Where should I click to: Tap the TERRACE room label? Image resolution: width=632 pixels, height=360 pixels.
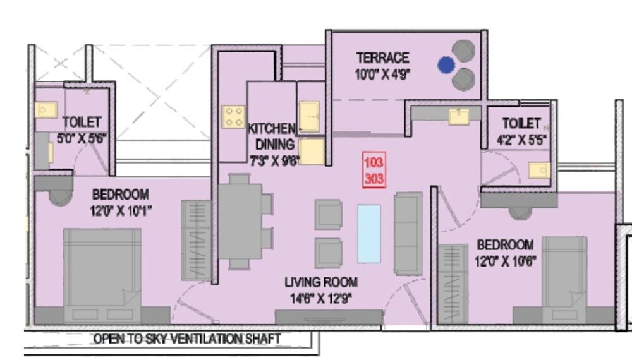point(382,58)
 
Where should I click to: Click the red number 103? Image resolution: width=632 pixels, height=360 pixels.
point(374,162)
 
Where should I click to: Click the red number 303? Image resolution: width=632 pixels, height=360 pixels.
point(374,178)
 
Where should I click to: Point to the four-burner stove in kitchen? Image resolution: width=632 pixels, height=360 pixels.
point(233,116)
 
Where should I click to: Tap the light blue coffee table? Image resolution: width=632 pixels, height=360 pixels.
point(368,233)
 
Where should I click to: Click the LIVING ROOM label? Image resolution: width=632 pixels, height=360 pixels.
point(320,282)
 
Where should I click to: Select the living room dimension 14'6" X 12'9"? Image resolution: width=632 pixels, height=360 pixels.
point(321,297)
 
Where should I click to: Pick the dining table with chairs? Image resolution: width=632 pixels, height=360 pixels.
point(242,221)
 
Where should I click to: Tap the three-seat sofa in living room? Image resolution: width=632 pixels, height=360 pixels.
point(408,234)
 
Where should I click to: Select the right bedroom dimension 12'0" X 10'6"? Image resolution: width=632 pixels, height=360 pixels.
point(505,260)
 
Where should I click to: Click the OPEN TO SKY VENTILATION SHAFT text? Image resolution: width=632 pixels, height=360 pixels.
point(186,339)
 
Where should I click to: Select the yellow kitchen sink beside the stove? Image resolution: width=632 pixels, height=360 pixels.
point(308,116)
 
